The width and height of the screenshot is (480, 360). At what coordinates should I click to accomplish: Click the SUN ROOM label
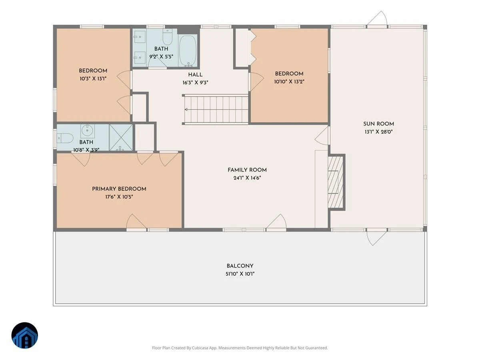click(378, 124)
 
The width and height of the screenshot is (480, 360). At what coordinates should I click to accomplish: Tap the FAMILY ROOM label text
click(247, 170)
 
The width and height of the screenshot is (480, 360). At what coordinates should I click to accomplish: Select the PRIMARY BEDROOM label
click(119, 189)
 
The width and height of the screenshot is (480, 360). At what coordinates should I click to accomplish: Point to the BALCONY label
click(240, 266)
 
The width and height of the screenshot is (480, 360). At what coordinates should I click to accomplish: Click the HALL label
click(195, 75)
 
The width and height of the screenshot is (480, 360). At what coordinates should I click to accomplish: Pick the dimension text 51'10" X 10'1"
click(240, 274)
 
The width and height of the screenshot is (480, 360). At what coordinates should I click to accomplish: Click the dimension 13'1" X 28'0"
click(378, 132)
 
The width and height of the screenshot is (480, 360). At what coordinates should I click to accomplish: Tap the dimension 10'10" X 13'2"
click(289, 82)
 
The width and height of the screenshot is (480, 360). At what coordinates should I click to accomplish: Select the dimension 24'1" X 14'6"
click(247, 178)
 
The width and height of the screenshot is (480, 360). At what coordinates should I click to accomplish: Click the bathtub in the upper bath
click(188, 50)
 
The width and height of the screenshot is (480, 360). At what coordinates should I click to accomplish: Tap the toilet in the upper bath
click(168, 37)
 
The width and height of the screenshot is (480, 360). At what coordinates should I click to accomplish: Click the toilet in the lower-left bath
click(65, 138)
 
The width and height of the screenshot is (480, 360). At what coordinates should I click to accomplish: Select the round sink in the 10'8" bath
click(88, 130)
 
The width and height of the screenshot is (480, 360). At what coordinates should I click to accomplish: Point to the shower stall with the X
click(121, 137)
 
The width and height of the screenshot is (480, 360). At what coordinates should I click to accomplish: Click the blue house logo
click(25, 335)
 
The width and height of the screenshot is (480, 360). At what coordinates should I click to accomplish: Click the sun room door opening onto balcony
click(376, 237)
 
